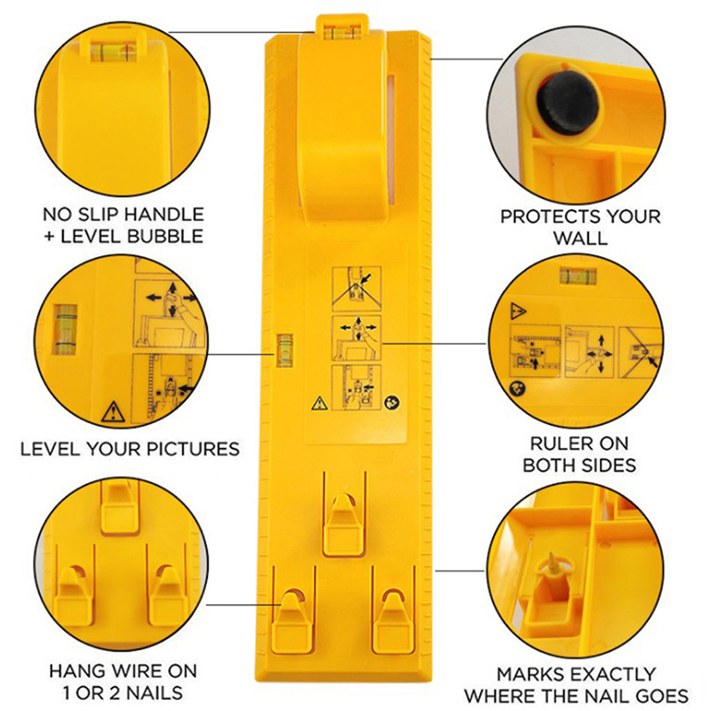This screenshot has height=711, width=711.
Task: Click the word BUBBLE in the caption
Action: pyautogui.click(x=165, y=236)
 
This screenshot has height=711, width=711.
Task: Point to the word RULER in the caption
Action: pyautogui.click(x=556, y=443)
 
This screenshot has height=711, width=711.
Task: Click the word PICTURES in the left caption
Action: pyautogui.click(x=192, y=449)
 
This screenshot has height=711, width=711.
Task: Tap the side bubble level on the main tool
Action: pyautogui.click(x=284, y=350)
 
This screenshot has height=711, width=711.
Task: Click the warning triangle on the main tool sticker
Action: pyautogui.click(x=320, y=403)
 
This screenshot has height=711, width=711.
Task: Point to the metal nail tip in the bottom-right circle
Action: pyautogui.click(x=553, y=562)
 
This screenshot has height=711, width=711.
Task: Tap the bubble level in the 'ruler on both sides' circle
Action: pyautogui.click(x=578, y=276)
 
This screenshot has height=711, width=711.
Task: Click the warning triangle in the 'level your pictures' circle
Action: pyautogui.click(x=113, y=411)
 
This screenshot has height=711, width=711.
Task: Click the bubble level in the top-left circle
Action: pyautogui.click(x=113, y=52)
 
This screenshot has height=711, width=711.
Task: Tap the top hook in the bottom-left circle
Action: pyautogui.click(x=119, y=507)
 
